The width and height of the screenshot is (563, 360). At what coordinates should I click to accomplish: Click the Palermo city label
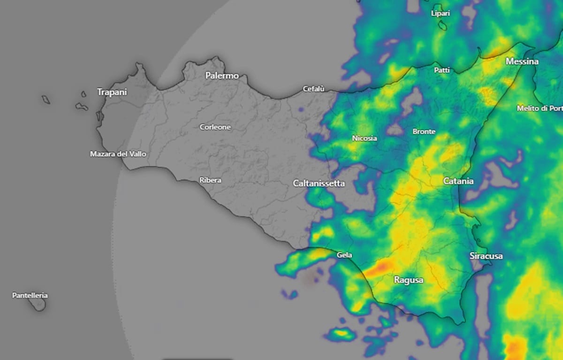[x=222, y=76]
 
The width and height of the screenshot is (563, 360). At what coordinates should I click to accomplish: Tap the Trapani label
[x=112, y=92]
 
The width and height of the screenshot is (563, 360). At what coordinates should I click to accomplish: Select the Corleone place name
[x=215, y=127]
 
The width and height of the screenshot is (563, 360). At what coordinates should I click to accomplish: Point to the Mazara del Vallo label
[x=118, y=154]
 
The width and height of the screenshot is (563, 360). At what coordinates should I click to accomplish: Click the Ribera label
[x=210, y=180]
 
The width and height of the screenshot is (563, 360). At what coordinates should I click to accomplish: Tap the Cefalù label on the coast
[x=314, y=88]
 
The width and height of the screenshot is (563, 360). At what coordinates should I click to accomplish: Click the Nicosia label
[x=364, y=138]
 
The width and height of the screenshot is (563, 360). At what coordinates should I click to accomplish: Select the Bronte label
[x=424, y=132]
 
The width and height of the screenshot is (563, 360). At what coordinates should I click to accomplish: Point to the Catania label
[x=458, y=181]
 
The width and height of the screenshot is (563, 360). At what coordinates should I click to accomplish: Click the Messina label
[x=522, y=62]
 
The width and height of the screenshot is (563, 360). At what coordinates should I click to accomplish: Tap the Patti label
[x=442, y=70]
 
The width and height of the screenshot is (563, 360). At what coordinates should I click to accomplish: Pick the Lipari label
[x=441, y=14]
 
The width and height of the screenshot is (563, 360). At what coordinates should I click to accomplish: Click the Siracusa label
[x=486, y=256]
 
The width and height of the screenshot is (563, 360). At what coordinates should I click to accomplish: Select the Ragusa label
[x=408, y=281]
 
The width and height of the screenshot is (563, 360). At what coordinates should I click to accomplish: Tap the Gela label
[x=344, y=255]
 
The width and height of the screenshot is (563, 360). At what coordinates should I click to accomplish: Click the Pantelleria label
[x=30, y=296]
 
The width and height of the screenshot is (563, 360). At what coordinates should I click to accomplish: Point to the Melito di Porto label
[x=539, y=108]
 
